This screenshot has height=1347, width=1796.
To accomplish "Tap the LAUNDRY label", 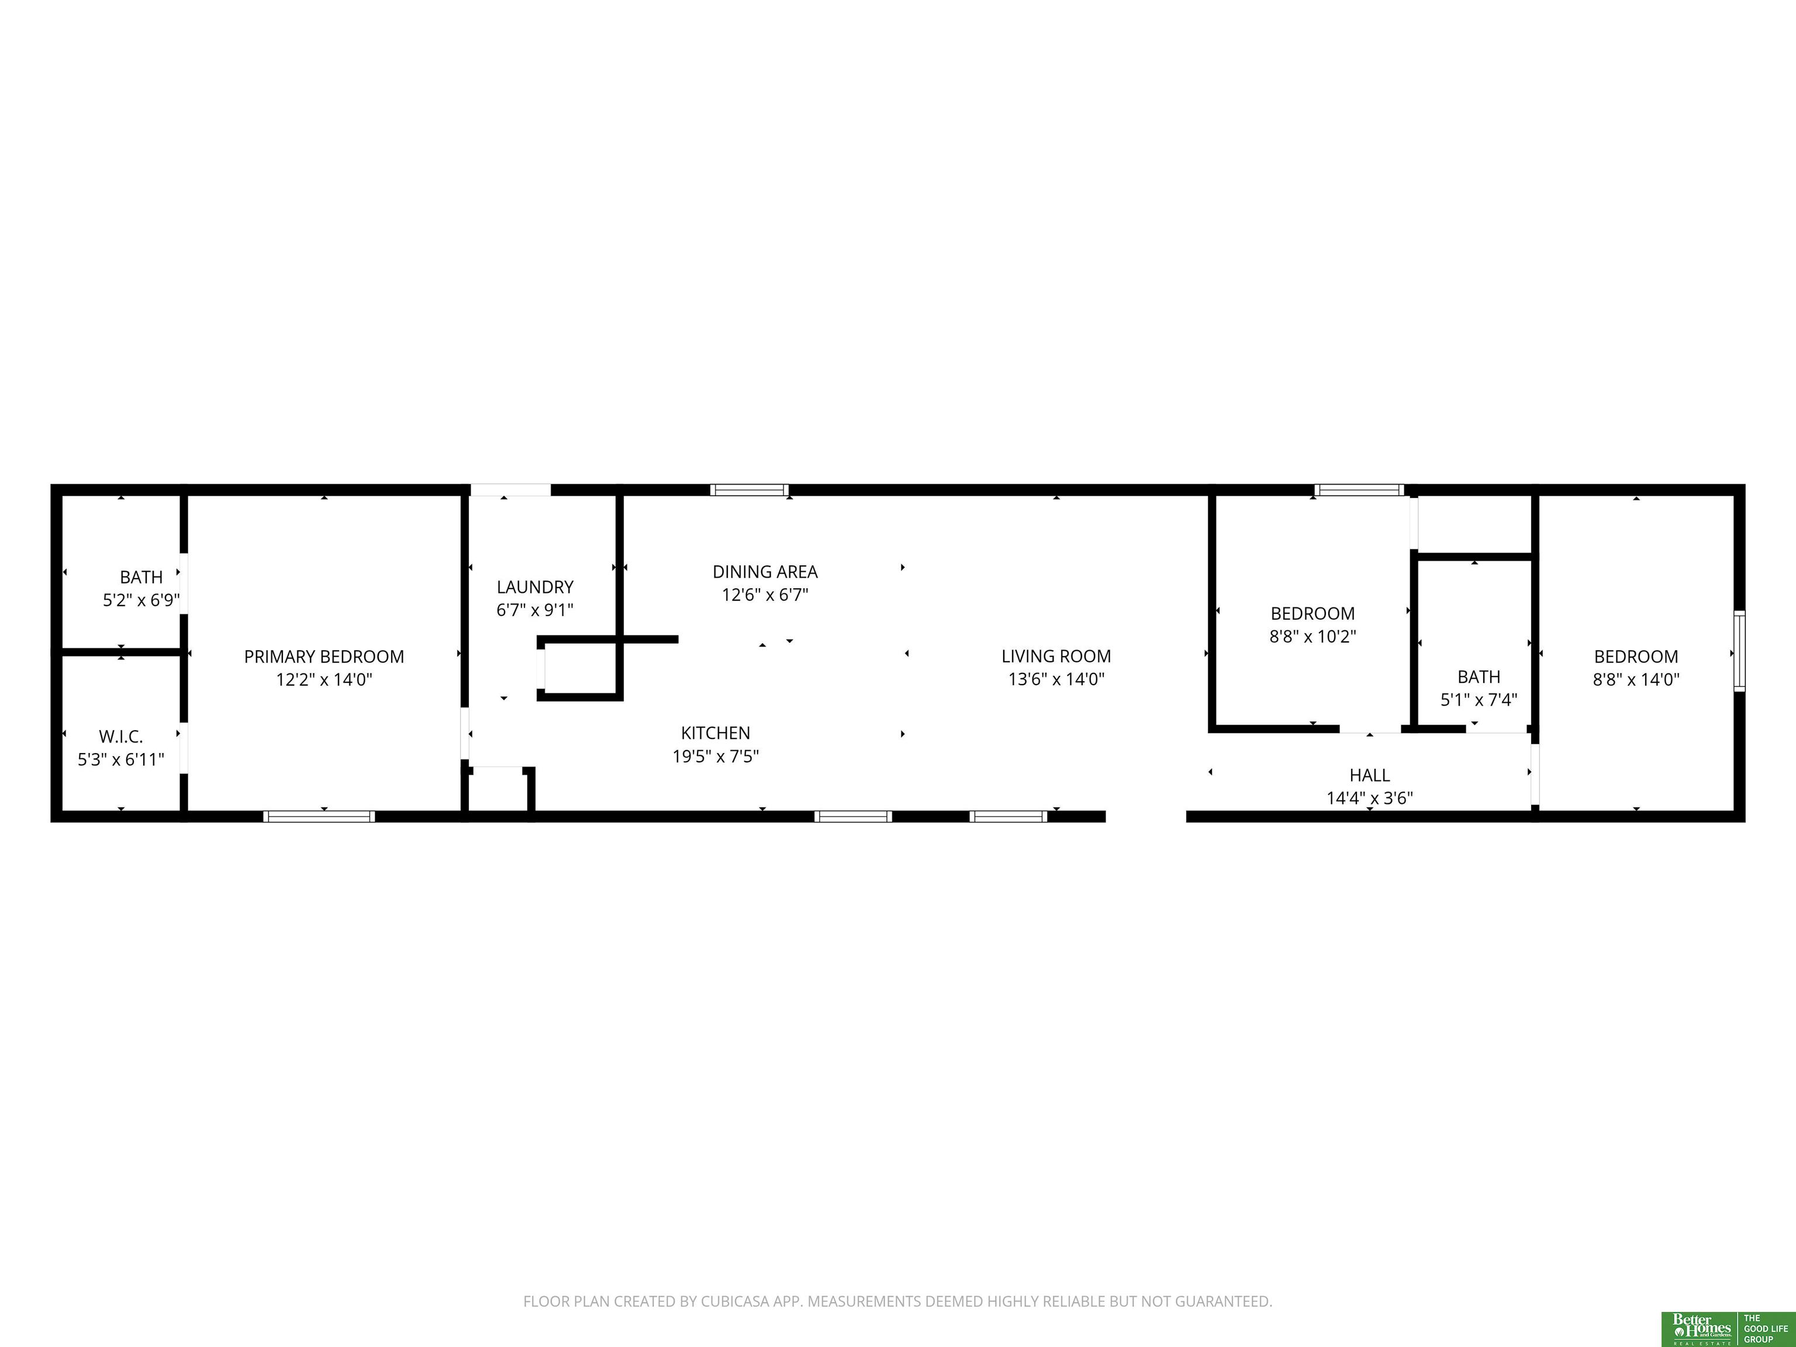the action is [535, 587].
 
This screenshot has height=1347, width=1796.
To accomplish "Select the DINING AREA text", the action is [765, 572].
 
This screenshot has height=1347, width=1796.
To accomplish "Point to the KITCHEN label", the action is [716, 733].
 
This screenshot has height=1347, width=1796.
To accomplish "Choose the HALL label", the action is [1370, 775].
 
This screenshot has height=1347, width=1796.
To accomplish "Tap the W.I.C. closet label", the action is [121, 737].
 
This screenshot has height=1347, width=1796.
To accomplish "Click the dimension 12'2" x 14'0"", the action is [324, 679].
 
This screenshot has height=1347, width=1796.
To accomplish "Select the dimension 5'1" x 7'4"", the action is [1479, 700].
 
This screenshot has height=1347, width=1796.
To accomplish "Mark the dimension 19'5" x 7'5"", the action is [716, 757].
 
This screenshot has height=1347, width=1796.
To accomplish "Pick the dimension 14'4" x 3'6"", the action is [1370, 798].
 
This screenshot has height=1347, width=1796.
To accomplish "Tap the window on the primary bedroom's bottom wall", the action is [319, 816].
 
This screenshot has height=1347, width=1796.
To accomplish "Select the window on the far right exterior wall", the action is [1739, 651].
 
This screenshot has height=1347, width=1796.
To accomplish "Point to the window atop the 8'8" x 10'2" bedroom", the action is [1359, 489].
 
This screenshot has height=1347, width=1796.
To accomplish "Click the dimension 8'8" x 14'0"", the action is [1636, 679].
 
